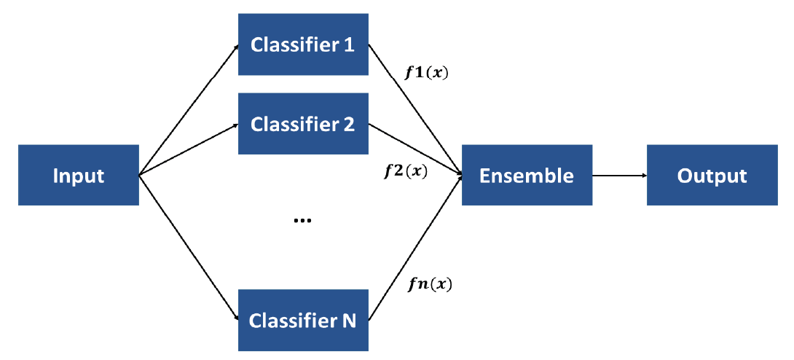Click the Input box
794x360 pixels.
click(x=79, y=175)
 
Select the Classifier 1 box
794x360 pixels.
click(x=303, y=44)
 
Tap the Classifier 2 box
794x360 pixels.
click(x=303, y=124)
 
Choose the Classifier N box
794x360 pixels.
click(x=303, y=320)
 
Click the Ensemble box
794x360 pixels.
click(x=527, y=175)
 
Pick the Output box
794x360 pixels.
click(x=712, y=175)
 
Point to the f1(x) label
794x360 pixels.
click(x=426, y=73)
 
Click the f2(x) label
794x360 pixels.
click(x=406, y=171)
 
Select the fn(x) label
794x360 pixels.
click(x=430, y=285)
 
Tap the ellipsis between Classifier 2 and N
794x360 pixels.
click(x=303, y=220)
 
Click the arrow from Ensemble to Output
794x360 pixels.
click(x=620, y=175)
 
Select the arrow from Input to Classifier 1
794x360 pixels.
click(x=189, y=110)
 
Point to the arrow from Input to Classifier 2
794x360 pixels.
click(x=189, y=149)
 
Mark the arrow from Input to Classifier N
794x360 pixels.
click(x=189, y=248)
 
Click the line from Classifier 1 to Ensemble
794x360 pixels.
click(x=415, y=110)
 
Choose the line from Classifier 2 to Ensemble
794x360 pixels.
click(x=415, y=149)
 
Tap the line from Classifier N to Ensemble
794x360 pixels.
click(x=415, y=248)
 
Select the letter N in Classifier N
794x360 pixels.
click(x=350, y=321)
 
